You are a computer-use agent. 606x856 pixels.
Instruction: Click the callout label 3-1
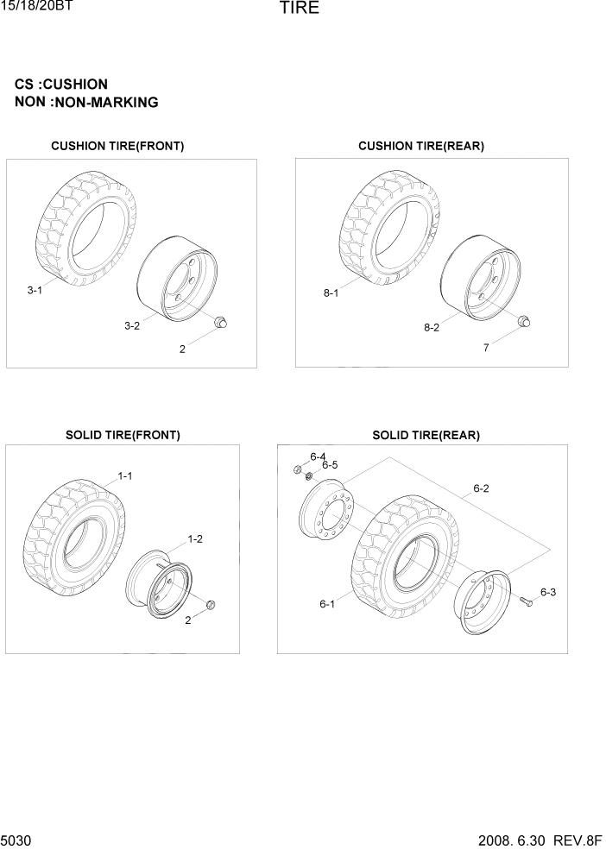click(35, 291)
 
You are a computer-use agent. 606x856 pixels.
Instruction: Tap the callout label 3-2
click(132, 325)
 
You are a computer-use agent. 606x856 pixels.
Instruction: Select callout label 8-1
click(331, 293)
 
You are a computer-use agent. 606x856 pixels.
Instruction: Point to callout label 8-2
click(432, 328)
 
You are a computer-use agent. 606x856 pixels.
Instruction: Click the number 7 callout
click(486, 348)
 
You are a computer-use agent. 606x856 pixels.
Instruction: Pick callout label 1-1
click(124, 475)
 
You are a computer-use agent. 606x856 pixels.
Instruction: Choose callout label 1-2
click(196, 538)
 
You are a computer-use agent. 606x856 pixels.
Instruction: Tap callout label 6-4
click(318, 456)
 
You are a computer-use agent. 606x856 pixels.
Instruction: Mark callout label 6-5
click(330, 465)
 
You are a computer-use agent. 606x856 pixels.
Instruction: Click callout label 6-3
click(548, 592)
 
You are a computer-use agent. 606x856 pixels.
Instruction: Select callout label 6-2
click(481, 488)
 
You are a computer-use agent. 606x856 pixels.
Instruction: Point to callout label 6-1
click(327, 604)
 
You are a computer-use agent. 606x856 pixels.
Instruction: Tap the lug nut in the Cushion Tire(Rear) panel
click(523, 322)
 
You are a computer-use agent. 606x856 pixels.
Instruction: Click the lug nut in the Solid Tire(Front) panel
click(211, 603)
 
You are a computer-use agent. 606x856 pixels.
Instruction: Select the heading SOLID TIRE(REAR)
click(426, 436)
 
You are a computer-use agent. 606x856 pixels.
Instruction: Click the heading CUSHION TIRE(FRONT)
click(117, 147)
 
